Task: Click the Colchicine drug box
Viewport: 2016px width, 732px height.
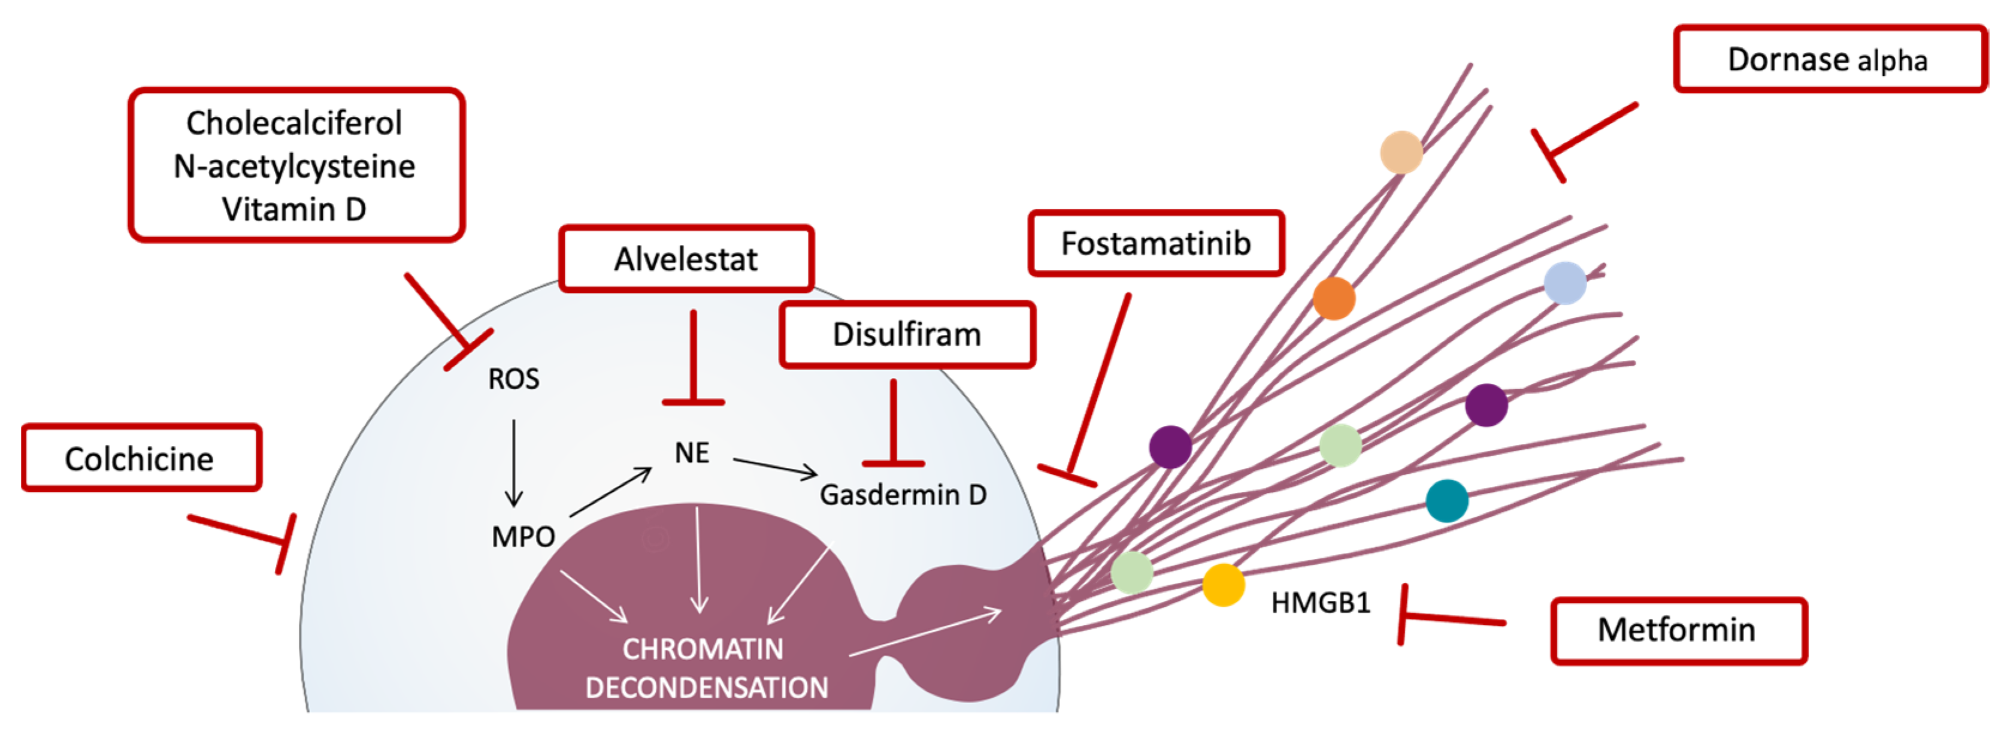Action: click(141, 459)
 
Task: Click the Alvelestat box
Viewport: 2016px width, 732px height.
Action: click(686, 259)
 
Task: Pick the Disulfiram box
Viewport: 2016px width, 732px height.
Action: click(906, 334)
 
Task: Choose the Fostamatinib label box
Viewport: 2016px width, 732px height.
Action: click(1155, 243)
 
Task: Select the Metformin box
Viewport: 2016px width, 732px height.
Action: click(1677, 630)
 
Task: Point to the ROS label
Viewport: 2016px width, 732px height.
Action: click(513, 380)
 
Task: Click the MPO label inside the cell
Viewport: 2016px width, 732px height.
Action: click(523, 537)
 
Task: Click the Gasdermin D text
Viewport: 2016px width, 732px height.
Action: click(903, 495)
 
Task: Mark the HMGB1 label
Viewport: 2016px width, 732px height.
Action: click(1320, 603)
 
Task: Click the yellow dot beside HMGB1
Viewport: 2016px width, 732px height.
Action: click(1223, 585)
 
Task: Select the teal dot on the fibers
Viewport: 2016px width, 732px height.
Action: click(1446, 501)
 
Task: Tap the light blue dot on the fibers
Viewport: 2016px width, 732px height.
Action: click(1564, 283)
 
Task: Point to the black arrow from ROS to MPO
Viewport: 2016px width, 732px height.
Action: click(513, 462)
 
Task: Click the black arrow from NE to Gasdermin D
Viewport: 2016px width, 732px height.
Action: click(775, 467)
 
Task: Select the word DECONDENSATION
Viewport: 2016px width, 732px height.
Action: click(707, 688)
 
